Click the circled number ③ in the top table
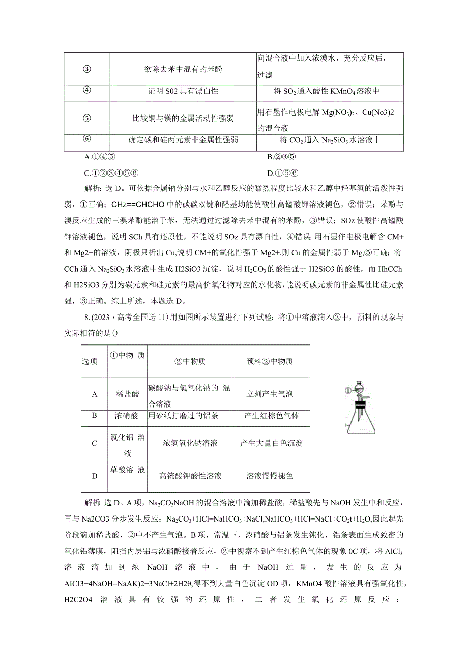pyautogui.click(x=86, y=69)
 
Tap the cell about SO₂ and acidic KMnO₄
pyautogui.click(x=330, y=92)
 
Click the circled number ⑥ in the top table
pyautogui.click(x=86, y=139)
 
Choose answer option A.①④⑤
pyautogui.click(x=101, y=157)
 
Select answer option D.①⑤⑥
pyautogui.click(x=282, y=172)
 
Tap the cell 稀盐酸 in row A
pyautogui.click(x=127, y=394)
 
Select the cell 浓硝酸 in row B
pyautogui.click(x=127, y=416)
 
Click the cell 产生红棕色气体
pyautogui.click(x=271, y=416)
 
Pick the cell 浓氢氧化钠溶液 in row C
pyautogui.click(x=190, y=443)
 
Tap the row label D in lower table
pyautogui.click(x=94, y=476)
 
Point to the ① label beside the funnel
pyautogui.click(x=347, y=391)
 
